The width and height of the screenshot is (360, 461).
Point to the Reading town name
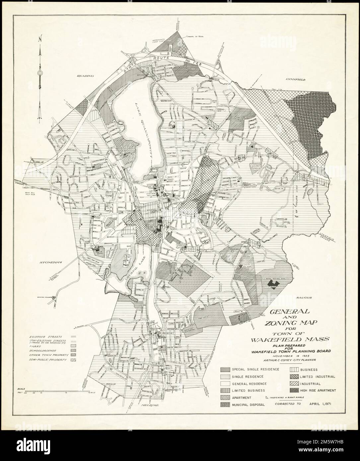(x=86, y=76)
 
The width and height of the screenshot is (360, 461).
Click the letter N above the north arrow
(x=40, y=38)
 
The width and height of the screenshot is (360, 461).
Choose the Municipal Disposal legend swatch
(x=225, y=405)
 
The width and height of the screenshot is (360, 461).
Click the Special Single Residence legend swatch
(x=225, y=369)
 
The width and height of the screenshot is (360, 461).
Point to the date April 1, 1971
(x=321, y=404)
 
